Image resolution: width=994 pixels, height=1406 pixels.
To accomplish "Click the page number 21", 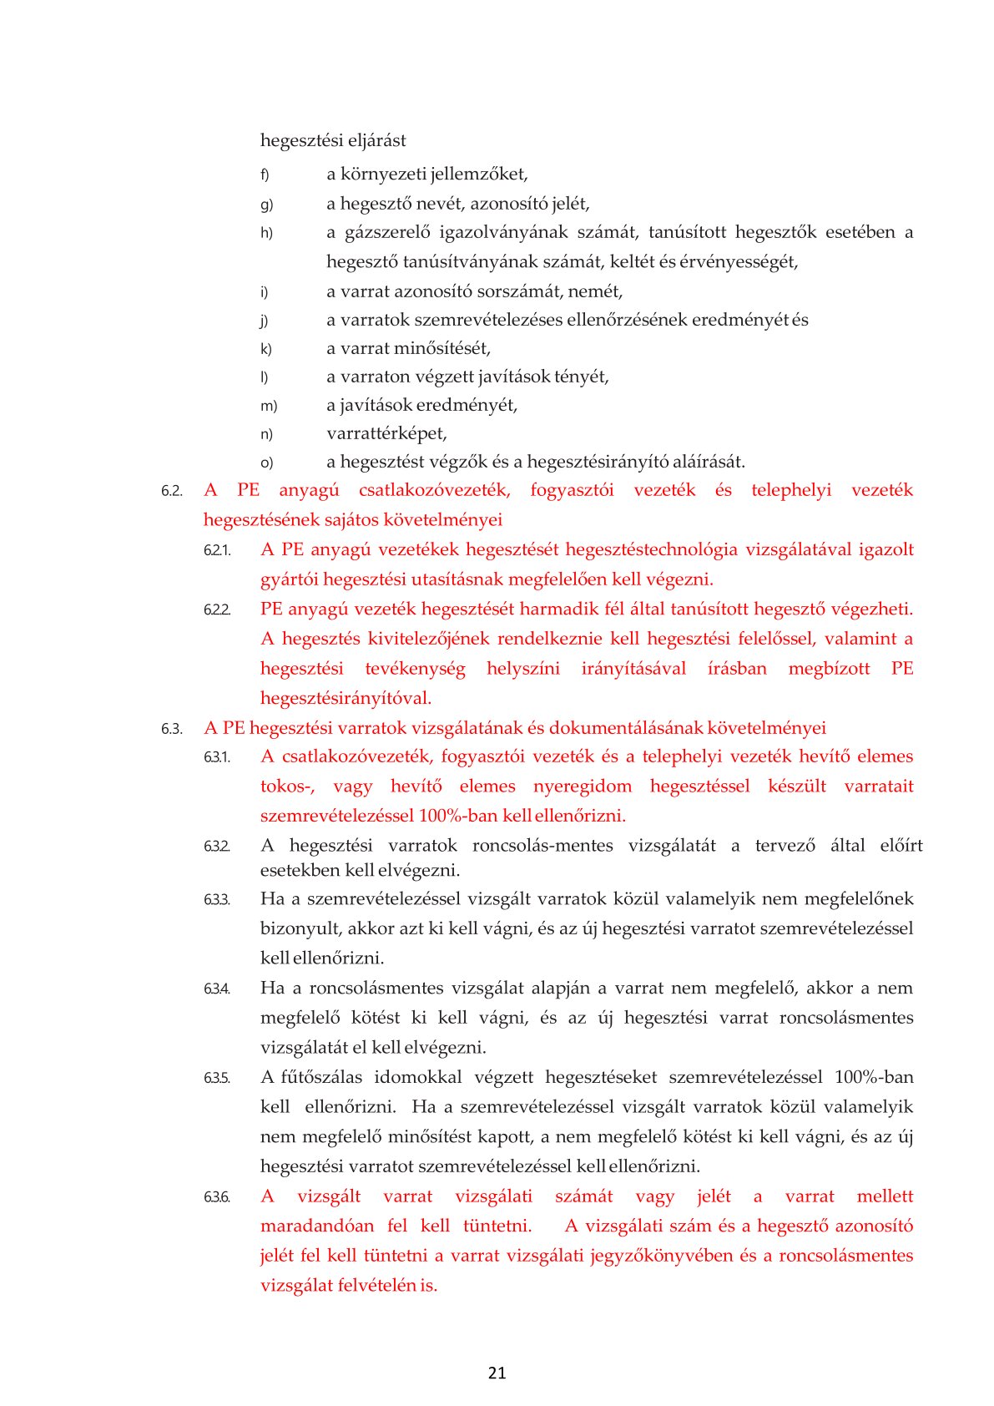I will [497, 1373].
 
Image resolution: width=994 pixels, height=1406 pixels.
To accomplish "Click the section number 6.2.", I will [171, 491].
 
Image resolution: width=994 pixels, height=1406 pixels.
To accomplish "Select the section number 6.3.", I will [171, 729].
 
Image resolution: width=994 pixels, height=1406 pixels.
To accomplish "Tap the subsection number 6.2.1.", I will [216, 550].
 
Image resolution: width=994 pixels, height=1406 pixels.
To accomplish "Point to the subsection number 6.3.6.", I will [216, 1197].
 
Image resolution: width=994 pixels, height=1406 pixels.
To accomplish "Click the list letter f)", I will [265, 175].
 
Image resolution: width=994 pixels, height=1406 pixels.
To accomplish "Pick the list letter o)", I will [266, 463].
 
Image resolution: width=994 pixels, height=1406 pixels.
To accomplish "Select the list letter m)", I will [268, 406].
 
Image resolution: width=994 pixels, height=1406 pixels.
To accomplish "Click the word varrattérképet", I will [386, 433].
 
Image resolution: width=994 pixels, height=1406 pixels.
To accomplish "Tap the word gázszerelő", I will [382, 232].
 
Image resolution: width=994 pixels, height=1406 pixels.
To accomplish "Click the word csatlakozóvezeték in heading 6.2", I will [434, 490].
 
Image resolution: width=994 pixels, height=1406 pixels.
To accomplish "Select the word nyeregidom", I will [582, 786].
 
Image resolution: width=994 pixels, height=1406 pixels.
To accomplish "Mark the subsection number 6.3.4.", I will [216, 989].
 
